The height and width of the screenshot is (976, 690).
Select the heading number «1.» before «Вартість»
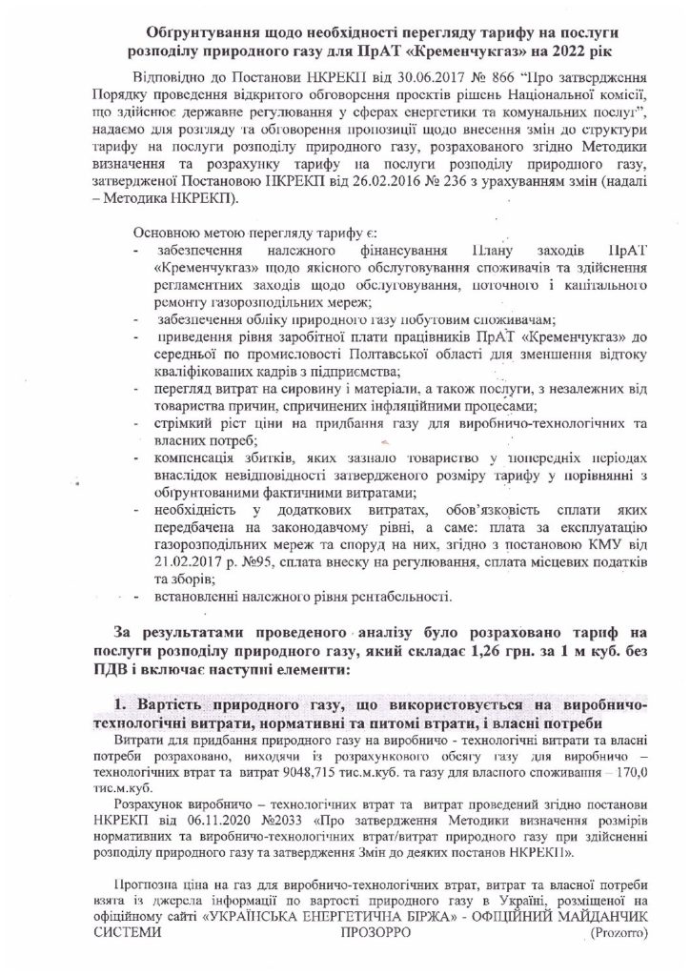118,704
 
